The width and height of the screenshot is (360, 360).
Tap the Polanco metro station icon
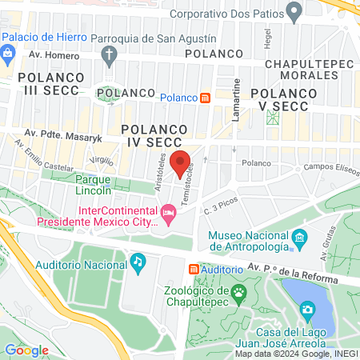[205, 98]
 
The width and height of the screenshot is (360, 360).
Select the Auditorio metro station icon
[194, 270]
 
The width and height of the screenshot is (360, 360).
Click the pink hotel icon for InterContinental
[168, 212]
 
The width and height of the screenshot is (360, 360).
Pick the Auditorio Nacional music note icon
[138, 261]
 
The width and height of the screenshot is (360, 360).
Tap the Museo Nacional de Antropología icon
[299, 237]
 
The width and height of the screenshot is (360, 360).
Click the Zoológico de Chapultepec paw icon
[238, 293]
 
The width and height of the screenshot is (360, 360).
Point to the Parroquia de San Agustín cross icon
[110, 54]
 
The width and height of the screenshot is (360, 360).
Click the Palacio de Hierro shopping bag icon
[8, 54]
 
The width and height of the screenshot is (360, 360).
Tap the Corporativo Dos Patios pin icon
[294, 13]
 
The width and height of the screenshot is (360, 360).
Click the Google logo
[26, 350]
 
